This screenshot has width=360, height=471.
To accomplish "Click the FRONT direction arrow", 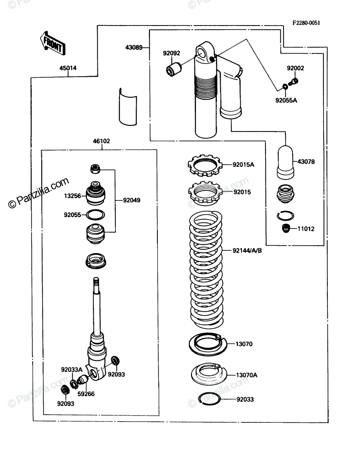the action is point(53,43).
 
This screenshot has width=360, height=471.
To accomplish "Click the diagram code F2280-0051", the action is point(306,23).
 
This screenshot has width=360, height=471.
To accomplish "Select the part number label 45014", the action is point(68,68).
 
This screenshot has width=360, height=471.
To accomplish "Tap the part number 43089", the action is point(133,47).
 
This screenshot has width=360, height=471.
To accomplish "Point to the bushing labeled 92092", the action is point(174,69).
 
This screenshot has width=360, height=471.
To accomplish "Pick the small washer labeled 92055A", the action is point(285,87).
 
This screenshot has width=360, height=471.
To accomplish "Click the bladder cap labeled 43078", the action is point(285,162).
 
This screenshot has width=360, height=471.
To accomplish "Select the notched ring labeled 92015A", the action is point(205,166).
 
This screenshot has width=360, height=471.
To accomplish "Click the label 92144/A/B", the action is point(247,250).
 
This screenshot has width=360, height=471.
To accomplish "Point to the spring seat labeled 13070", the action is point(208,344).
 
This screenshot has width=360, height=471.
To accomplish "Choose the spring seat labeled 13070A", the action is point(209,374).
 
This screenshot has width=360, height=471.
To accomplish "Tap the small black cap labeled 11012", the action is point(286,228).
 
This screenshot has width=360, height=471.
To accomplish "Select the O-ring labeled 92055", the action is point(95,215).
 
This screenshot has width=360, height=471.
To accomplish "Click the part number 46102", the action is point(101,141).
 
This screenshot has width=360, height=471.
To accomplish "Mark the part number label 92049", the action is point(132,200).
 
